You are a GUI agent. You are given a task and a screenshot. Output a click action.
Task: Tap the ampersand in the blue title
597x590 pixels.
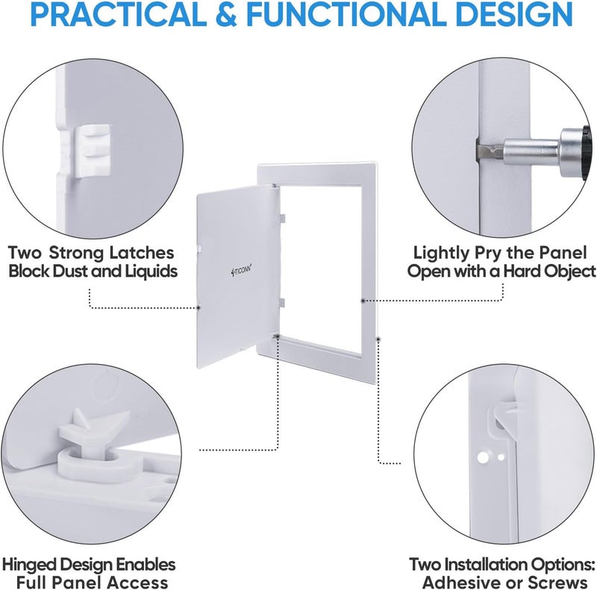click(227, 14)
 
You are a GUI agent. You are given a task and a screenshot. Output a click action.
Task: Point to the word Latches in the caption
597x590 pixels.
click(142, 252)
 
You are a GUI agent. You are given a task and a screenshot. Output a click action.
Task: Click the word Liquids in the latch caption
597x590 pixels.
click(151, 271)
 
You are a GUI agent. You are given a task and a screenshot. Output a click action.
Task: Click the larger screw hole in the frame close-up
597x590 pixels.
click(483, 457)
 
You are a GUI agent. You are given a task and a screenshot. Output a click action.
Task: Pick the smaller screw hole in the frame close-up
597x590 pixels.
click(501, 456)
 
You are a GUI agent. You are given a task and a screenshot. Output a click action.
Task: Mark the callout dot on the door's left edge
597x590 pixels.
click(199, 307)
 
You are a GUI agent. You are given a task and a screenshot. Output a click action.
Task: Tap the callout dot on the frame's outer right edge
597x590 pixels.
click(378, 338)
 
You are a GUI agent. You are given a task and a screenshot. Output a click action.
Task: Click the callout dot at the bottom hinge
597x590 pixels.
click(278, 336)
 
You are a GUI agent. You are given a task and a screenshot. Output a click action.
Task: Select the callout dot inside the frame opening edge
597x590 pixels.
click(363, 301)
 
